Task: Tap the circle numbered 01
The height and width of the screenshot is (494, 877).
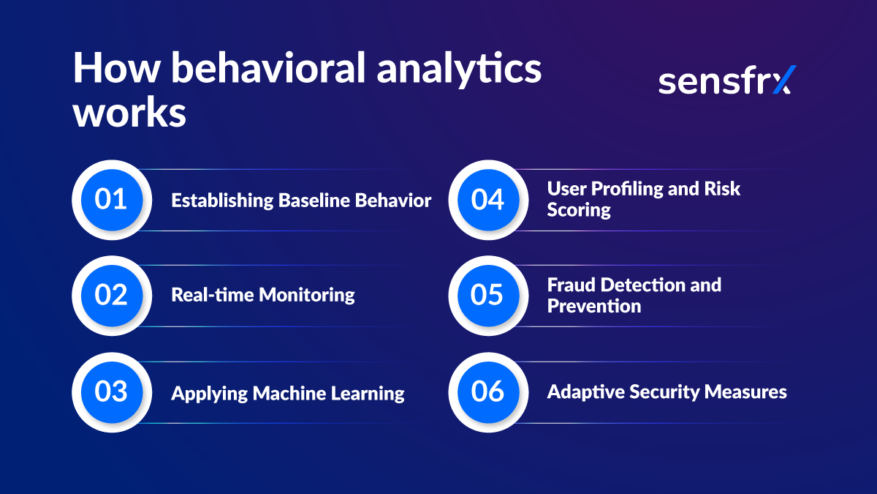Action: click(x=111, y=200)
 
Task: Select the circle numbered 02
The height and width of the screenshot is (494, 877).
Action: click(x=111, y=295)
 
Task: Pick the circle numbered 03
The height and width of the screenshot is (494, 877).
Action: click(x=111, y=392)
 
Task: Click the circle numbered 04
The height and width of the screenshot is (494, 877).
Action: click(x=487, y=200)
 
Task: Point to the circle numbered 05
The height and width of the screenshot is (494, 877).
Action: click(x=487, y=295)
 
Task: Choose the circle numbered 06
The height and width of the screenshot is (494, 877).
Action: click(x=487, y=392)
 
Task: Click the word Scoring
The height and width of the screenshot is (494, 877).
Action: click(x=579, y=210)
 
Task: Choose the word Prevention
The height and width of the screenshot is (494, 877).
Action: click(x=593, y=306)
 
